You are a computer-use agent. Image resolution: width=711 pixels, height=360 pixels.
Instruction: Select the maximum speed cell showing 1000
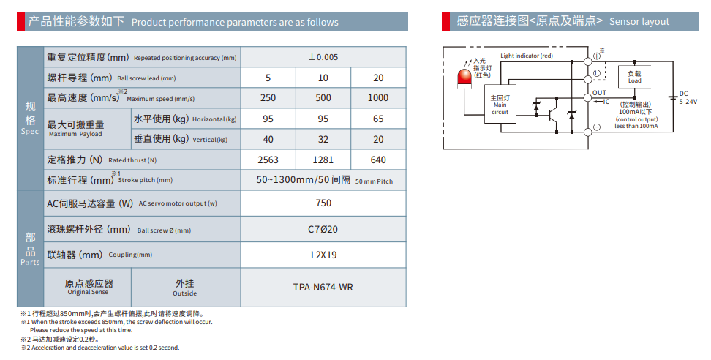pos(378,97)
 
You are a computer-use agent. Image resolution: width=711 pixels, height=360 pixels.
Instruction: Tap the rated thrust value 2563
pos(268,160)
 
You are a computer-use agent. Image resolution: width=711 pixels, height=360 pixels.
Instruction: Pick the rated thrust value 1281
pos(323,160)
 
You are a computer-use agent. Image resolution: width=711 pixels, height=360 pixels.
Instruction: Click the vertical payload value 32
pos(323,139)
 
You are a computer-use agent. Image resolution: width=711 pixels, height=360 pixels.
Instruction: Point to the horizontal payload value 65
pos(378,119)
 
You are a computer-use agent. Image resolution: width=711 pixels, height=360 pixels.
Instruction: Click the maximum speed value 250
pos(268,97)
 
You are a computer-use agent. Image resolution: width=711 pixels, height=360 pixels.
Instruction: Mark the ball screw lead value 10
pos(323,78)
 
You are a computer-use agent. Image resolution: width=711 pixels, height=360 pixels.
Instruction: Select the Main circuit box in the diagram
pos(500,104)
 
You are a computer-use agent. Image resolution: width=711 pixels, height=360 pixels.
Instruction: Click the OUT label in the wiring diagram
pos(599,93)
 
